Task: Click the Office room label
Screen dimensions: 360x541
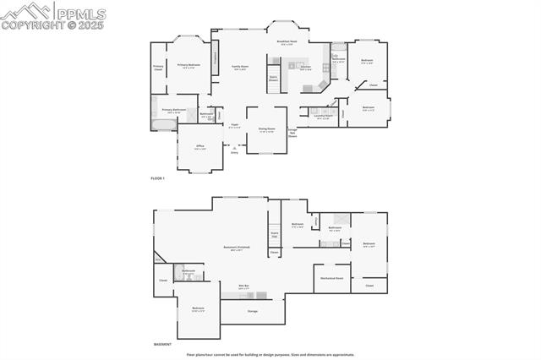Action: coord(200,147)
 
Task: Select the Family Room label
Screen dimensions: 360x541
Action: coord(240,67)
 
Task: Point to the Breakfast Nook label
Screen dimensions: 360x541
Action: coord(287,42)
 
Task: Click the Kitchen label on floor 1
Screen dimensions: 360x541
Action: coord(306,67)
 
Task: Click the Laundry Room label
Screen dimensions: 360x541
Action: coord(322,117)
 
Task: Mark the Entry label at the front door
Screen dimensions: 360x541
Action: coord(234,152)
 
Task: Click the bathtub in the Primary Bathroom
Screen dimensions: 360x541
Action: coord(163,125)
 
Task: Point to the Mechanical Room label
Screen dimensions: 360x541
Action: coord(331,277)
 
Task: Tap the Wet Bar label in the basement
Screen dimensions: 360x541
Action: coord(243,286)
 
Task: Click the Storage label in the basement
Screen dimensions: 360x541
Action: coord(253,311)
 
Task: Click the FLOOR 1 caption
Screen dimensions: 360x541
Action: coord(158,179)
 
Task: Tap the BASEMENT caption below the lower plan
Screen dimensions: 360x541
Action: coord(163,344)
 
